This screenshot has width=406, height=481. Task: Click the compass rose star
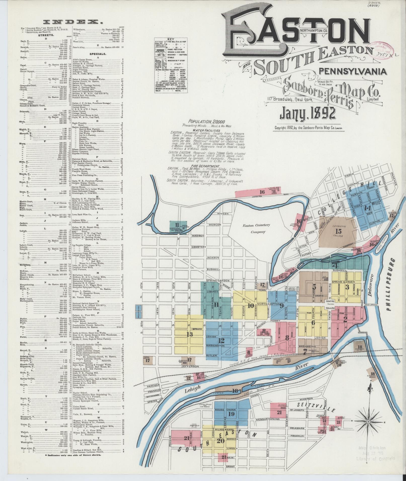pyautogui.click(x=368, y=421)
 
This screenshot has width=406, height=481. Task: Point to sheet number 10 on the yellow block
pyautogui.click(x=250, y=306)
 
